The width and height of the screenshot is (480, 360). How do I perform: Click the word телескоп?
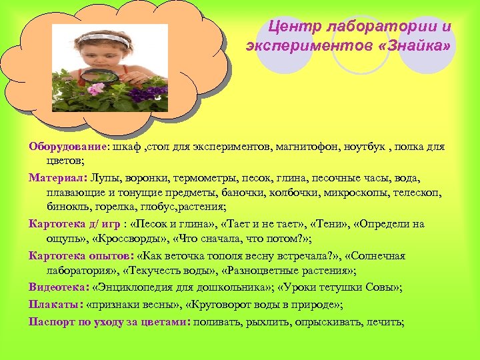pyautogui.click(x=425, y=192)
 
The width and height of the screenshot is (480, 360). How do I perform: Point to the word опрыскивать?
pyautogui.click(x=323, y=321)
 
